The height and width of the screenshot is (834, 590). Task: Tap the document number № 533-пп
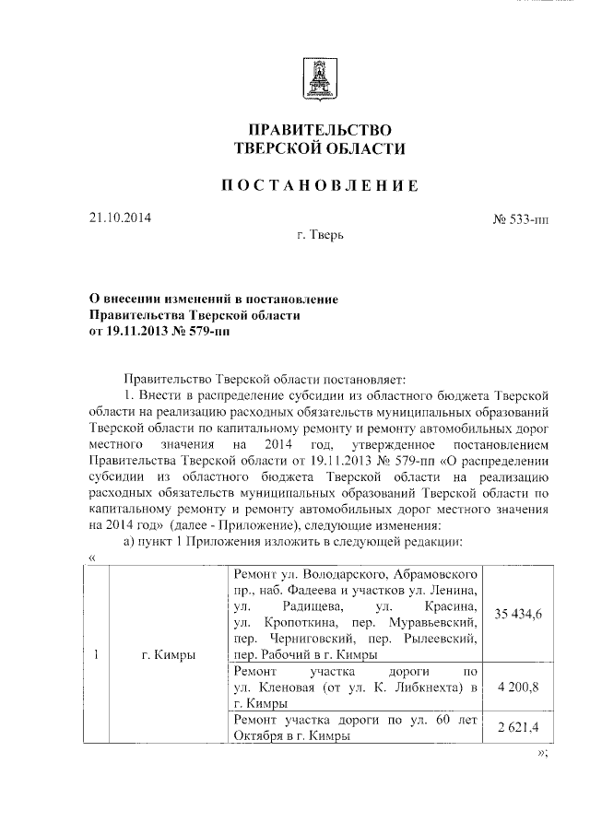pyautogui.click(x=522, y=221)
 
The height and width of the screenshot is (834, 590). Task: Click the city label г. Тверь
pyautogui.click(x=321, y=237)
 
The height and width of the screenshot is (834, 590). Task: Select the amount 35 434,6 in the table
pyautogui.click(x=516, y=614)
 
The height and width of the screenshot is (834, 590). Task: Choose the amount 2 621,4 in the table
pyautogui.click(x=516, y=727)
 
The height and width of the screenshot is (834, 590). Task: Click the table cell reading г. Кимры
pyautogui.click(x=168, y=655)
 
